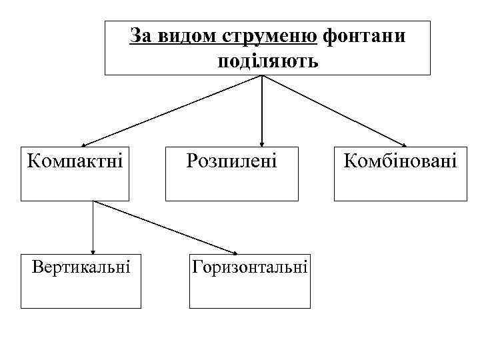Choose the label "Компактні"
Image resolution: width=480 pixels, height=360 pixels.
[x=75, y=161]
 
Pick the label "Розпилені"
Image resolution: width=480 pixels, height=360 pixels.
[x=231, y=161]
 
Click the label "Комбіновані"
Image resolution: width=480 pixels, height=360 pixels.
[x=400, y=161]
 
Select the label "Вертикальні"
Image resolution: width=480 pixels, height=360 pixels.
[x=81, y=268]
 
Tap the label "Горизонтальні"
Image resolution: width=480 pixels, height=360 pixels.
[x=250, y=268]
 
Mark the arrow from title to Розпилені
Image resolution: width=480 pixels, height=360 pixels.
[x=262, y=110]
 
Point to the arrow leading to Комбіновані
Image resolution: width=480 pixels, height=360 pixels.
[x=333, y=109]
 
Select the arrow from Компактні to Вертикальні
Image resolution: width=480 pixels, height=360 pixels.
[x=93, y=227]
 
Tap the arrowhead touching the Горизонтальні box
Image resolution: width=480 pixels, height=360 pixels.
[x=233, y=252]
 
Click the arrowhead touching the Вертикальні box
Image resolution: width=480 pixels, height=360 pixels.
[x=93, y=251]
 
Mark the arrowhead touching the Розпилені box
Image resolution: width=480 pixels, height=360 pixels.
[x=262, y=142]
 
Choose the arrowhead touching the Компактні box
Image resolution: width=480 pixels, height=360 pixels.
[x=85, y=144]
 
